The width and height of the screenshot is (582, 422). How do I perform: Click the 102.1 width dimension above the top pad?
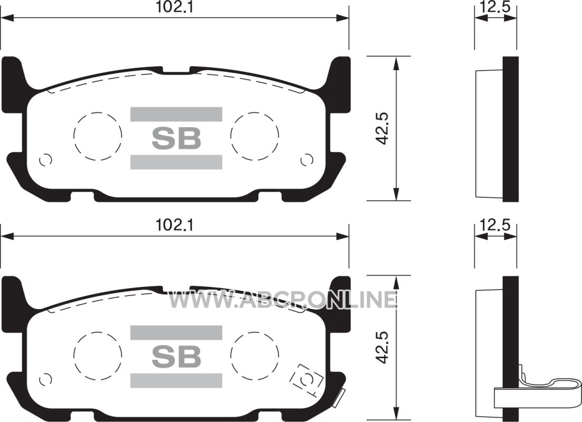coord(174,7)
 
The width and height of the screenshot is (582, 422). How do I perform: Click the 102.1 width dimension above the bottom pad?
coord(174,225)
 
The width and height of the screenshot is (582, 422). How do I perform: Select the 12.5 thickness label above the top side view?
coord(495,7)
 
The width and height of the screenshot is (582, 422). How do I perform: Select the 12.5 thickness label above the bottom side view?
coord(495,225)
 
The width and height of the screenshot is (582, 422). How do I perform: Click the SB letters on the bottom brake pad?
coord(176,357)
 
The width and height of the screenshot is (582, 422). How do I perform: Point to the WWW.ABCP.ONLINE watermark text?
coord(283,300)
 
